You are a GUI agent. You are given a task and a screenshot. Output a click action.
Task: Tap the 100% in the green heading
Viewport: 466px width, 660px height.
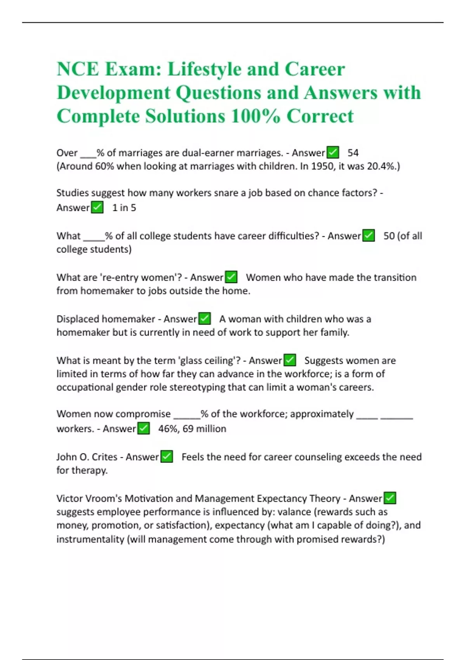pyautogui.click(x=255, y=116)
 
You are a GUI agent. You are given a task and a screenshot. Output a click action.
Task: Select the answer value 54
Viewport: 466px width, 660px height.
pyautogui.click(x=353, y=153)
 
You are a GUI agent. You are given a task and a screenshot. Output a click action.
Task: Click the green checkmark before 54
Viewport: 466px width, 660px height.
pyautogui.click(x=333, y=152)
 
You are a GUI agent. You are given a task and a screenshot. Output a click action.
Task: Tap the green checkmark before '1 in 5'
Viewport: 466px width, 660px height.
pyautogui.click(x=97, y=207)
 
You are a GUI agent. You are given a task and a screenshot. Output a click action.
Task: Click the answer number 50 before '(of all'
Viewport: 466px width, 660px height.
pyautogui.click(x=389, y=236)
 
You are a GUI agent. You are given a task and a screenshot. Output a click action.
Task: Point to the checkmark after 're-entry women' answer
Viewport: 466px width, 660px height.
pyautogui.click(x=231, y=277)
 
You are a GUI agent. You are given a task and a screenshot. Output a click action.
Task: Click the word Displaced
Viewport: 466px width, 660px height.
pyautogui.click(x=78, y=319)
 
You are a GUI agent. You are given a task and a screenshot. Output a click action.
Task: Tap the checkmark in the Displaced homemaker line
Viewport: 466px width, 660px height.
pyautogui.click(x=204, y=319)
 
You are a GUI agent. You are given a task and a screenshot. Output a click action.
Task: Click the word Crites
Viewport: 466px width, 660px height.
pyautogui.click(x=104, y=457)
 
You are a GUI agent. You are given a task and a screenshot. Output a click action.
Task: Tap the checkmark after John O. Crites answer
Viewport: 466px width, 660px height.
pyautogui.click(x=167, y=457)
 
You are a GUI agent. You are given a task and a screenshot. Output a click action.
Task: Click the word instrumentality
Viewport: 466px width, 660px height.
pyautogui.click(x=90, y=539)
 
